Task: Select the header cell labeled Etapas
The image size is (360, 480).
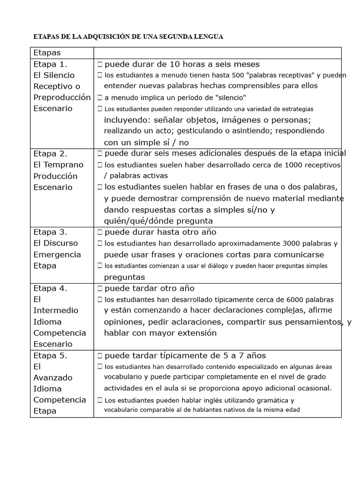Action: click(x=47, y=53)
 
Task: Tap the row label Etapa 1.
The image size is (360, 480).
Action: click(x=51, y=64)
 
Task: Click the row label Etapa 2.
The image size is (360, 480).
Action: click(x=51, y=153)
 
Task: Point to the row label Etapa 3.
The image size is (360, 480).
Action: click(x=51, y=232)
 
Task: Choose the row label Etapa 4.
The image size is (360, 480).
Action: click(x=51, y=288)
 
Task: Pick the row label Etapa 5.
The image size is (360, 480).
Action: click(x=51, y=355)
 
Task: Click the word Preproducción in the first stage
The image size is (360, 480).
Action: click(x=62, y=97)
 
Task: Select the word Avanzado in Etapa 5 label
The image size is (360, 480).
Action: click(x=53, y=377)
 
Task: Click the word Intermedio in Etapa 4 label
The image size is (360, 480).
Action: click(x=56, y=310)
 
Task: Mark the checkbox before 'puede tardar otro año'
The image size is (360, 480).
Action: click(x=100, y=288)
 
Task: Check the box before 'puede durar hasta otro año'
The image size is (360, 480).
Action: click(x=100, y=232)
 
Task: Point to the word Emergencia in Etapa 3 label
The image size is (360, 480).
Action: click(x=57, y=255)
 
